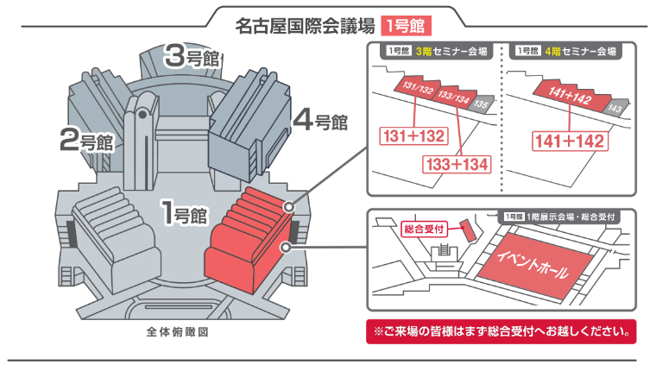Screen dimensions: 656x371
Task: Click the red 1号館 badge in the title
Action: [406, 26]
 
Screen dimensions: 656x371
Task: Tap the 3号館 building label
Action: [192, 56]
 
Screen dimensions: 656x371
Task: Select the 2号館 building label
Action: [86, 140]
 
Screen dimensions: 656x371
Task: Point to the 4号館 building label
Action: [320, 120]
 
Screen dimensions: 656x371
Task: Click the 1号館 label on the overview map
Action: [184, 212]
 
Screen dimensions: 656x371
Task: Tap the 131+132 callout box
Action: [413, 136]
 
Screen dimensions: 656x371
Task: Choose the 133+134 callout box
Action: [457, 164]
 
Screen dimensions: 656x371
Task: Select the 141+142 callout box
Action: [570, 141]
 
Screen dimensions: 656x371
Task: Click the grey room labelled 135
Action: [482, 104]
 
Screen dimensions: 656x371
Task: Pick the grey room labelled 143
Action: [615, 108]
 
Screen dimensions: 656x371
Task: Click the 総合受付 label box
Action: [424, 230]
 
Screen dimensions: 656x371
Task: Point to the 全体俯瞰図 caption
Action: [178, 332]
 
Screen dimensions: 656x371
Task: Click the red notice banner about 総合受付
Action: [501, 331]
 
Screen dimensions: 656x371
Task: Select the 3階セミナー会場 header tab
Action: [437, 52]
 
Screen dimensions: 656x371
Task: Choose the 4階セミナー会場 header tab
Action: [565, 52]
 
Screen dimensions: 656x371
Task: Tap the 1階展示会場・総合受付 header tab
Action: [560, 217]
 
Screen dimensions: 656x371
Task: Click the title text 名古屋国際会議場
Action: [305, 26]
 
